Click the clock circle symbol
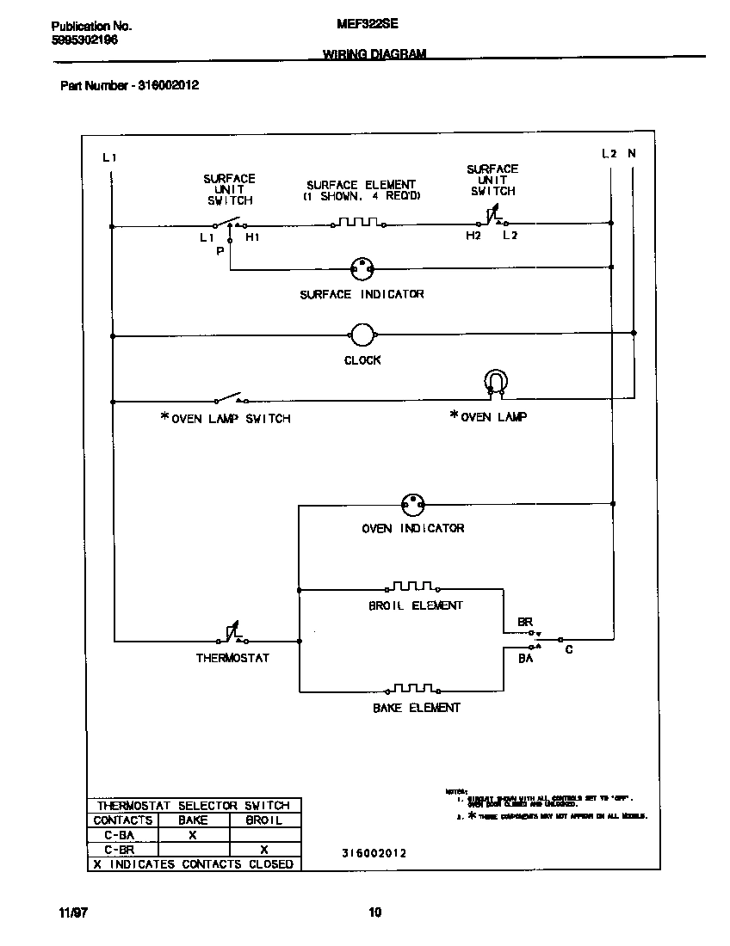(362, 335)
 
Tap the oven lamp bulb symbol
(496, 381)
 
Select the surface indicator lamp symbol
(362, 268)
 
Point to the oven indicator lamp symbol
(414, 505)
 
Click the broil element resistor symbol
(413, 587)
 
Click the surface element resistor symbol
(357, 224)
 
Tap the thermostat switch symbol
(232, 635)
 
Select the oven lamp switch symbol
(230, 399)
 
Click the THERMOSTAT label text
(232, 658)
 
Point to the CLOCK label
(362, 360)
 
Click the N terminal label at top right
(633, 154)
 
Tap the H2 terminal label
(473, 236)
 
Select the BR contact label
(525, 621)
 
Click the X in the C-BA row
(193, 835)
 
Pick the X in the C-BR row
(264, 850)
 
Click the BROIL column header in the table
(264, 820)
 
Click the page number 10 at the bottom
(374, 912)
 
